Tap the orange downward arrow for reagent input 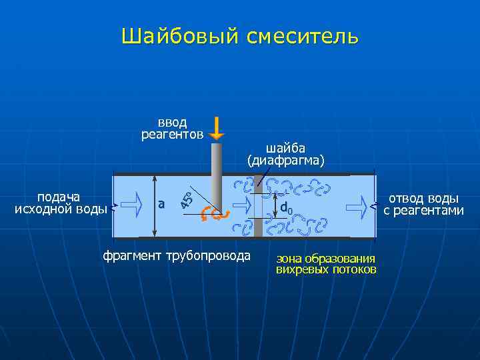[x=217, y=129]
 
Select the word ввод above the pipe [x=173, y=123]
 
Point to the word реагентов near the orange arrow [x=173, y=135]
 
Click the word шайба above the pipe [x=285, y=148]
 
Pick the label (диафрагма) [x=285, y=161]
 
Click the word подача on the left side [x=59, y=197]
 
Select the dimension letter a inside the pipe [x=161, y=204]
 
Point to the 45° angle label [x=189, y=198]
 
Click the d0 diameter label [x=286, y=208]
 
